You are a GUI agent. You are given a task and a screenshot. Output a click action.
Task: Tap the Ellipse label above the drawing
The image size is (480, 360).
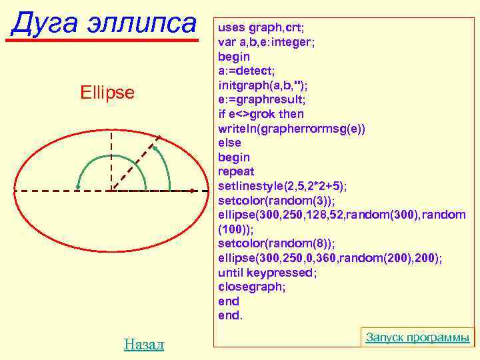(x=107, y=91)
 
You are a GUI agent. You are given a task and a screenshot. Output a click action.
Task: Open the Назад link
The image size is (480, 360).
(x=143, y=344)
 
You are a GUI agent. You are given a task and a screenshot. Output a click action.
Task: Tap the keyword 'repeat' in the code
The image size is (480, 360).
(x=236, y=172)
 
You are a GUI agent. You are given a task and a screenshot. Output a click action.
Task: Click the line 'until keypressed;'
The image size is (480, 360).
(x=267, y=273)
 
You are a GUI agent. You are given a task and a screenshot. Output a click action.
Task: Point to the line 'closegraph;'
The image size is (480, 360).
(x=251, y=287)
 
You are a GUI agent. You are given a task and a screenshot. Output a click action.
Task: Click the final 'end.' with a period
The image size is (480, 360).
(x=231, y=315)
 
